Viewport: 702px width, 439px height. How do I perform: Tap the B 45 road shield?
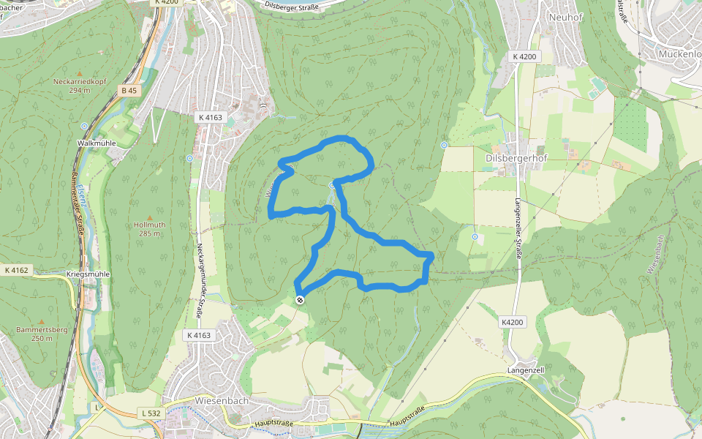click(129, 91)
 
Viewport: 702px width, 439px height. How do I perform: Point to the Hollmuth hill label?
click(149, 225)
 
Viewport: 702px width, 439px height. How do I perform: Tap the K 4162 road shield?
click(16, 270)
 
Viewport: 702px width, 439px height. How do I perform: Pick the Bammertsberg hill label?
click(41, 329)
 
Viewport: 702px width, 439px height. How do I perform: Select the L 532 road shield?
click(150, 413)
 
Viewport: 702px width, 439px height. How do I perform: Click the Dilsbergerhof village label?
click(516, 157)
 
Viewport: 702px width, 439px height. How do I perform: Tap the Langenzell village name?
click(526, 371)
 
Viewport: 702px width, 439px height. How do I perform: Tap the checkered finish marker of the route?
click(300, 299)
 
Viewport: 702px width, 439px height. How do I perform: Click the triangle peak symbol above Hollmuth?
click(149, 217)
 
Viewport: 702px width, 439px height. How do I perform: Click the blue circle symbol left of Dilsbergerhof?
click(444, 145)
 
